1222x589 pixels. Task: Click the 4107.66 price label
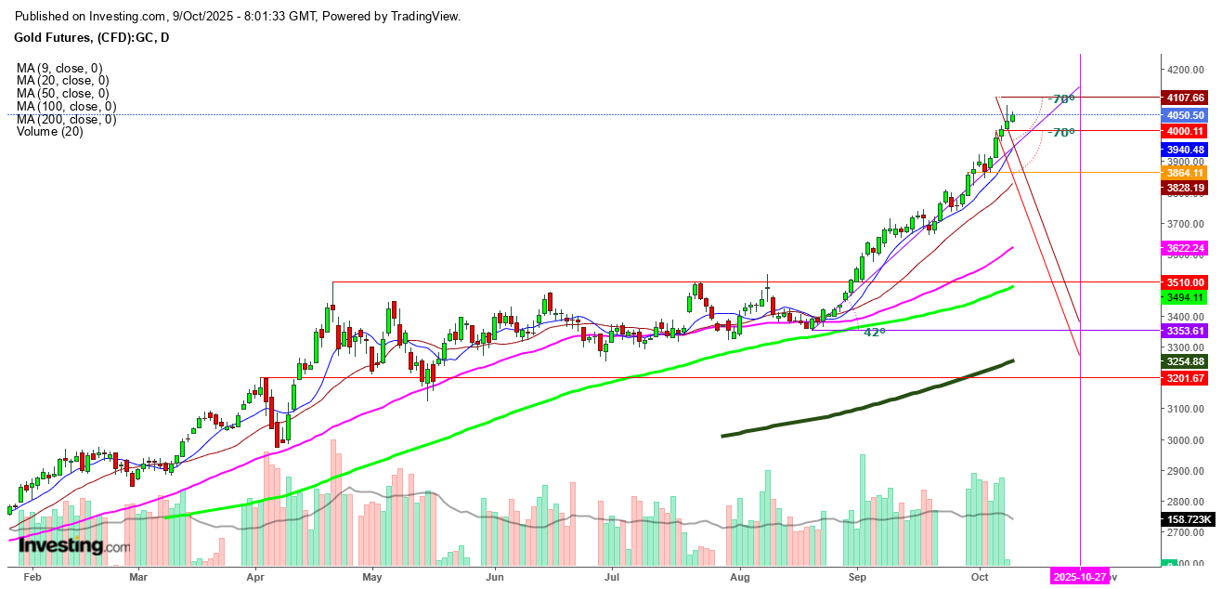tap(1186, 97)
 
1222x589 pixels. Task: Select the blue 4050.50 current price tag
tap(1186, 115)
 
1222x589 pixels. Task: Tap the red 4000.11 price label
tap(1186, 132)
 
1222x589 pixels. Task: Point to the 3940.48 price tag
tap(1186, 150)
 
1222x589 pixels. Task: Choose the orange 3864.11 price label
tap(1186, 173)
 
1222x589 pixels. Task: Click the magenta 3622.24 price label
tap(1186, 248)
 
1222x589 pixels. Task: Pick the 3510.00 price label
tap(1186, 281)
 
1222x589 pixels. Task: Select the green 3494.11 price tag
tap(1186, 297)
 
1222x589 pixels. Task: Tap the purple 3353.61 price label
tap(1186, 331)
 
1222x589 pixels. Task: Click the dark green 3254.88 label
tap(1186, 361)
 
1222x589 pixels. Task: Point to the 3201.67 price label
tap(1186, 378)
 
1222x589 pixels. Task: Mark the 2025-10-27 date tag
tap(1081, 577)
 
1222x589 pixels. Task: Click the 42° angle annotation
tap(874, 332)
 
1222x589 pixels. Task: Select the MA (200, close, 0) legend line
tap(66, 119)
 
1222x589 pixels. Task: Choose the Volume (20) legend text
tap(49, 132)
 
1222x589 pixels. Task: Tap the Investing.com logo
tap(74, 547)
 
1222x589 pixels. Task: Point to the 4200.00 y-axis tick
tap(1185, 70)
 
